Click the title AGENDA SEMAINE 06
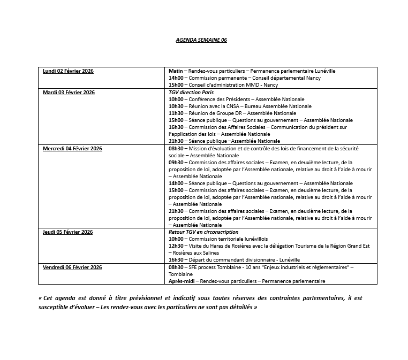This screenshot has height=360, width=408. point(201,40)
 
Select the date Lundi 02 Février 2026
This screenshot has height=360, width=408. point(68,71)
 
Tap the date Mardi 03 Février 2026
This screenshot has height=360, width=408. point(69,93)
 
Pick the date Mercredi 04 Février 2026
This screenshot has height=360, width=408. point(72,149)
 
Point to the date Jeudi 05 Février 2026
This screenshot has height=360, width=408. point(68,232)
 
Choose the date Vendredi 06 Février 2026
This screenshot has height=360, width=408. point(72,267)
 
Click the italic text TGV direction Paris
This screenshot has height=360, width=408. point(191,93)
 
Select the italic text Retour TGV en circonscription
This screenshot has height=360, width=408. point(203,232)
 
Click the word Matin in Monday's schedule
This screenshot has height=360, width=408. point(176,71)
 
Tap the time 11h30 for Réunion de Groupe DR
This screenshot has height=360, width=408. point(176,113)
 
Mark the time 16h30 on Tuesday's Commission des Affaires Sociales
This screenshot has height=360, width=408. point(176,127)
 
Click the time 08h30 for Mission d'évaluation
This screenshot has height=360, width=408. point(176,149)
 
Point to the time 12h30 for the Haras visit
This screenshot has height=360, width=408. point(176,246)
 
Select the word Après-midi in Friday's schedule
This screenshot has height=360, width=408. point(181,281)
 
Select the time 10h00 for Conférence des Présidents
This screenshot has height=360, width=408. point(176,99)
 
